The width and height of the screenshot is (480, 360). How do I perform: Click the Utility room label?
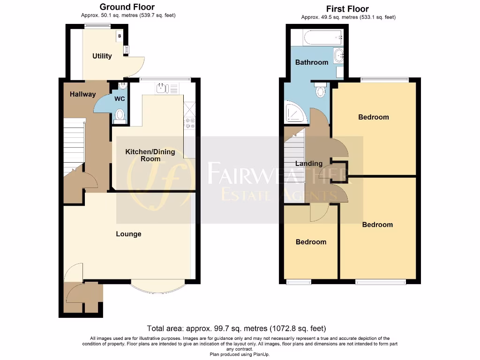click(x=102, y=56)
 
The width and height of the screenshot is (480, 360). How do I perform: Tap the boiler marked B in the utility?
click(x=120, y=36)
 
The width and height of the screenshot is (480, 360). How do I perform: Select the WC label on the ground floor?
click(x=120, y=99)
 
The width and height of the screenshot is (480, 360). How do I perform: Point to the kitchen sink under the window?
click(x=161, y=88)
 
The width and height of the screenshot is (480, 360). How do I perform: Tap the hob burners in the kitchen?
click(x=190, y=123)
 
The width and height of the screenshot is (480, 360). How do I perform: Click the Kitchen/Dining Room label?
click(x=150, y=155)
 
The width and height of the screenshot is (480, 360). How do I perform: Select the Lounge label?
click(x=128, y=234)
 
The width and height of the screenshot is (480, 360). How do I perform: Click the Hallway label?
click(x=82, y=94)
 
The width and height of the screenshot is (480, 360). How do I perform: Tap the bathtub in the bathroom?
click(x=323, y=37)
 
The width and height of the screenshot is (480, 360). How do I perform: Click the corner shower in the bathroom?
click(x=295, y=112)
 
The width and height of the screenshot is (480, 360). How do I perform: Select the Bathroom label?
click(x=311, y=62)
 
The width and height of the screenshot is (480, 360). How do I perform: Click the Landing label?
click(x=308, y=164)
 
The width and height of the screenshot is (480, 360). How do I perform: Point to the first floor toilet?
click(x=321, y=90)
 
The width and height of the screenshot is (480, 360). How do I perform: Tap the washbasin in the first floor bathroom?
click(x=339, y=56)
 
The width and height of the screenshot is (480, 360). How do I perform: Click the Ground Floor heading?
click(x=127, y=7)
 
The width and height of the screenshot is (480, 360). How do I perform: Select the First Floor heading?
click(x=347, y=9)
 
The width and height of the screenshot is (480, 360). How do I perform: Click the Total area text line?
click(x=236, y=329)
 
